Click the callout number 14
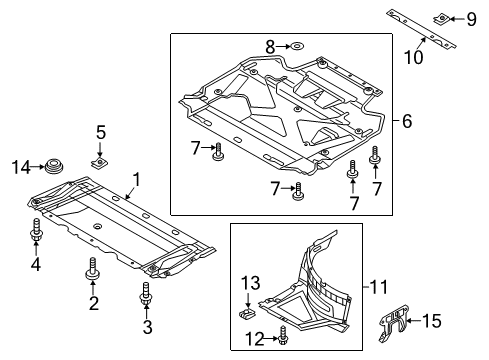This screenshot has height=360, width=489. point(21,167)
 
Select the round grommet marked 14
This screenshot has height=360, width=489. point(54,166)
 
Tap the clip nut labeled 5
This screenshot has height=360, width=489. point(100,162)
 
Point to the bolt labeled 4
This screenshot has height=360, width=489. point(36,230)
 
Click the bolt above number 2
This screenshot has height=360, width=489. point(93,269)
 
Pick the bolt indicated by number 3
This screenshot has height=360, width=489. point(146,294)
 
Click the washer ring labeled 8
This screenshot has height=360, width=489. point(296,46)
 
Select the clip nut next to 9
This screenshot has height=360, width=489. point(442,18)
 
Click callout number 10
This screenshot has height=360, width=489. point(414,57)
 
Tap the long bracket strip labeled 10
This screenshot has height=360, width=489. point(421,29)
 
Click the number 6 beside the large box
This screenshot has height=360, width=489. point(407,121)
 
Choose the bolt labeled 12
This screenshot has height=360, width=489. point(283,336)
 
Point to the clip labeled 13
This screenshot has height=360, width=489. point(247,313)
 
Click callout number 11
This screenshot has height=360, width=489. point(379,287)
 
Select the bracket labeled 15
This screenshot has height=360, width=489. point(394,322)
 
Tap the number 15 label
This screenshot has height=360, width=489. point(432,321)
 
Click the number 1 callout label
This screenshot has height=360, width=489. point(136,179)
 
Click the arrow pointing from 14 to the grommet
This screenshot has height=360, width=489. point(38,167)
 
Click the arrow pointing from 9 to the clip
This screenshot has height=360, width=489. point(457,19)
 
